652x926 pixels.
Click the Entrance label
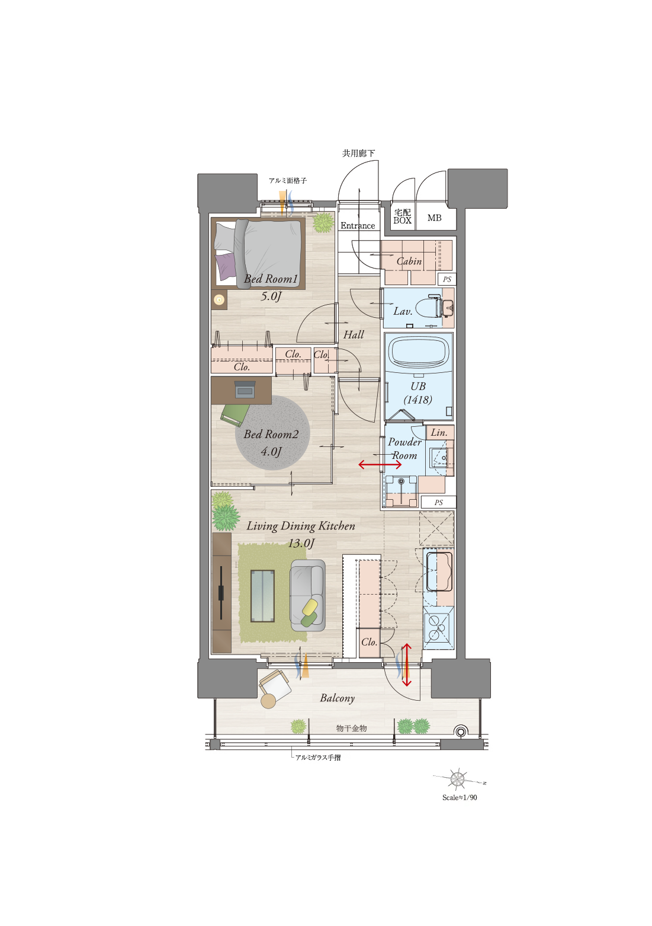[x=358, y=226]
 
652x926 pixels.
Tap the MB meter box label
[x=435, y=218]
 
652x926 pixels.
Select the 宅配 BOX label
[x=402, y=216]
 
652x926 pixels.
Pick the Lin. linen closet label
[x=439, y=432]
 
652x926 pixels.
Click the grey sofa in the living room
[x=307, y=595]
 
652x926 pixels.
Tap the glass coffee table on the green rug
[x=262, y=596]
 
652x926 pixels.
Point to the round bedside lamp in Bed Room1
[x=219, y=299]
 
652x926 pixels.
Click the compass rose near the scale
[x=458, y=779]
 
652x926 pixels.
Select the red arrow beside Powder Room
[x=380, y=464]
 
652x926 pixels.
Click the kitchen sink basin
[x=439, y=571]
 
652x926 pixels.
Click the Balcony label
[x=338, y=698]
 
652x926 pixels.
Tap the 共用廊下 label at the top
[x=358, y=154]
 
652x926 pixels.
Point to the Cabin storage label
[x=409, y=261]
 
